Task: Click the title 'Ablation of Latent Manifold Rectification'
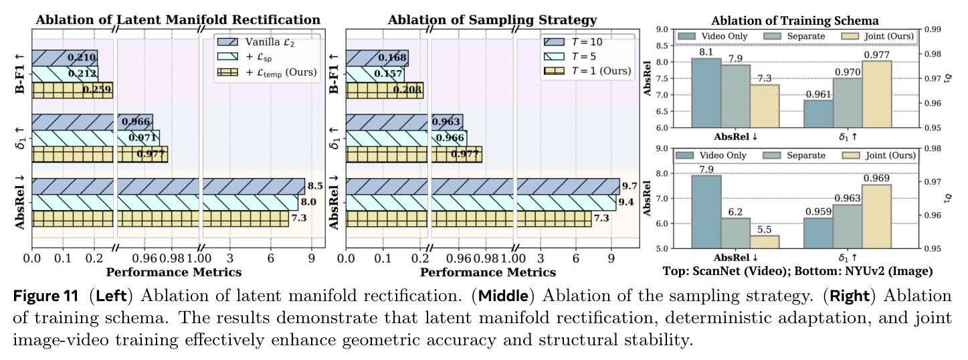(x=177, y=20)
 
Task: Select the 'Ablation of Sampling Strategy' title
(x=492, y=20)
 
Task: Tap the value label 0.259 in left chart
(x=97, y=90)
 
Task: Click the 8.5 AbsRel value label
(x=315, y=186)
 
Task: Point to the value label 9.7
(x=630, y=186)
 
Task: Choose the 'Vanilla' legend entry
(x=256, y=42)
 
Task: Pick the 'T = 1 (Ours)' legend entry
(x=588, y=71)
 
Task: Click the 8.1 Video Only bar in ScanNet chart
(x=706, y=93)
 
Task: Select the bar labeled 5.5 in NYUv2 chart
(x=765, y=242)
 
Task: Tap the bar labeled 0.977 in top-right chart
(x=877, y=94)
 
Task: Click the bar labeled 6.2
(x=735, y=234)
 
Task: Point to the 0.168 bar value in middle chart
(x=393, y=58)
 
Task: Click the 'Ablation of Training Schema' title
(x=795, y=21)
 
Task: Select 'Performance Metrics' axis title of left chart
(x=174, y=272)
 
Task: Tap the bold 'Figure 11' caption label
(x=45, y=296)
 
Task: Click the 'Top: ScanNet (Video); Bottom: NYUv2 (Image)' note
(x=797, y=271)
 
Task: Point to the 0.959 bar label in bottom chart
(x=818, y=211)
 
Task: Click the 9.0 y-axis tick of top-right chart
(x=662, y=29)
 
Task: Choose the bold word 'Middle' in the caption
(x=503, y=296)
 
